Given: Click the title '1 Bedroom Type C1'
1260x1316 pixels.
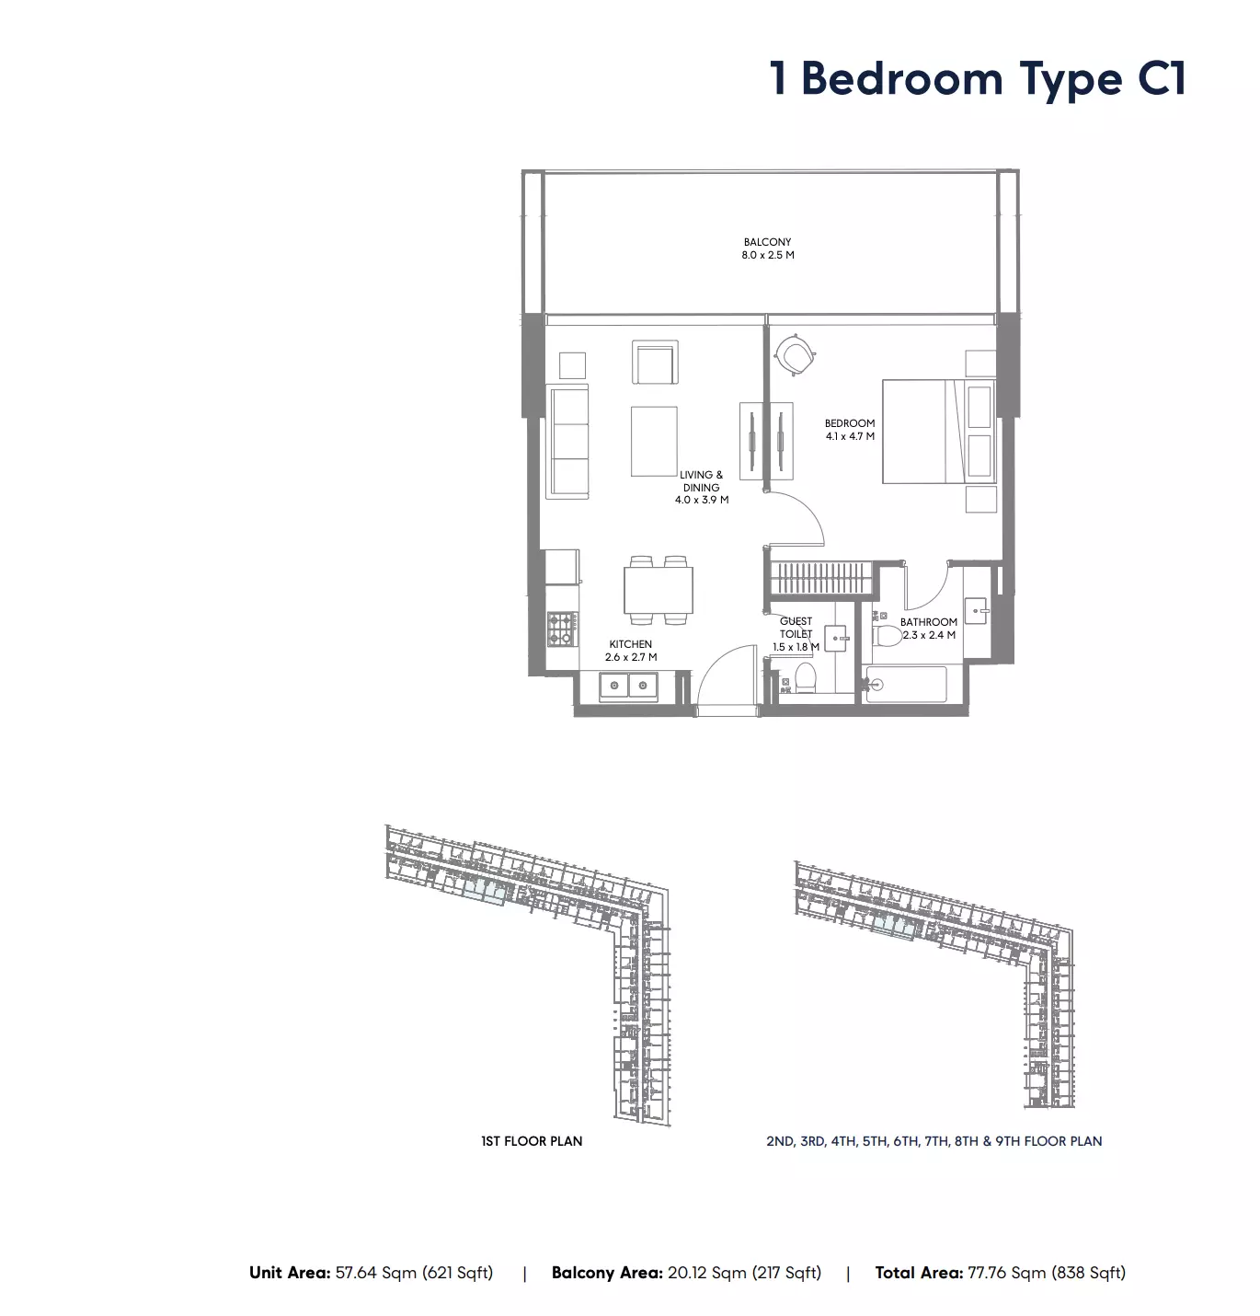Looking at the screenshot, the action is point(978,79).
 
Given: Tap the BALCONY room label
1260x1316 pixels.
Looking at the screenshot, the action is point(767,242).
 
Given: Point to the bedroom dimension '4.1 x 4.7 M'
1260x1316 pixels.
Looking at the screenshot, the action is point(850,436).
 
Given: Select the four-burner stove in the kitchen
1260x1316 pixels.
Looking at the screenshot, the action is point(563,629).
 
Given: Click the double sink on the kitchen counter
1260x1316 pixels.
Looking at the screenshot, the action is point(629,686).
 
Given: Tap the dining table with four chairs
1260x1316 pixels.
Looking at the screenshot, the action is point(658,591).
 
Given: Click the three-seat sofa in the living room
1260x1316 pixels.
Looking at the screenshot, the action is point(567,442).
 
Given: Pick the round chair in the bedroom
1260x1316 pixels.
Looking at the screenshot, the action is point(795,353).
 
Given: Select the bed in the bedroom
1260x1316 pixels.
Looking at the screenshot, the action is point(938,432).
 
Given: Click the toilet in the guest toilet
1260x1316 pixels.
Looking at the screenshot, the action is point(805,677).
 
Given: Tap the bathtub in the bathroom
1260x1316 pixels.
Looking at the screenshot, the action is point(906,685).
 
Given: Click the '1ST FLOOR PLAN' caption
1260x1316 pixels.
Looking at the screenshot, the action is point(532,1141).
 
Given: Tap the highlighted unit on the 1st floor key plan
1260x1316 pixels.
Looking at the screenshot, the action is point(484,893).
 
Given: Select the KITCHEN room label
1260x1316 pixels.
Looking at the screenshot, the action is point(631,644).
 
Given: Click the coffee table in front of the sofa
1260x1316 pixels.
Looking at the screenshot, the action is point(654,442).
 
